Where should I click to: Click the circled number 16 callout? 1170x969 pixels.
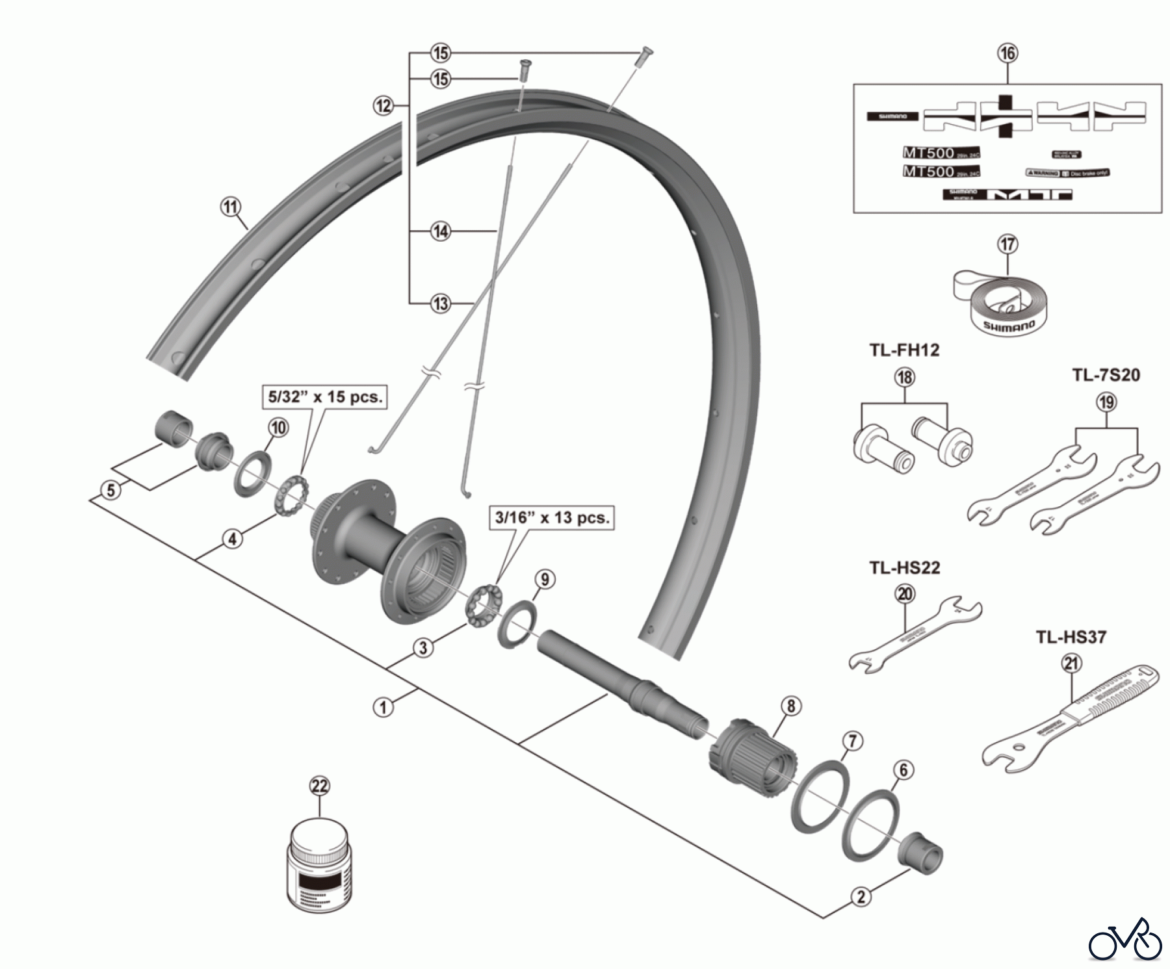point(1007,53)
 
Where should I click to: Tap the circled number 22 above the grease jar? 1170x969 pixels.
point(320,786)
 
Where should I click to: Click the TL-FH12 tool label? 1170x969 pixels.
point(904,350)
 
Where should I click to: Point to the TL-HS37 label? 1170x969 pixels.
point(1071,638)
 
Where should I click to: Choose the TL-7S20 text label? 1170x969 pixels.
point(1106,376)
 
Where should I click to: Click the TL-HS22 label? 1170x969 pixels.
point(905,568)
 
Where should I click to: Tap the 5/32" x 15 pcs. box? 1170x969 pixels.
point(325,397)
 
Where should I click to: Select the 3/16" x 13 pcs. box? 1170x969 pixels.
point(552,518)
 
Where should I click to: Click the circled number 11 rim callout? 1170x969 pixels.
point(230,208)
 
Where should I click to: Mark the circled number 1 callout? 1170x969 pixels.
point(383,706)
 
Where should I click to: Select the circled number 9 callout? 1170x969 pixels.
point(545,579)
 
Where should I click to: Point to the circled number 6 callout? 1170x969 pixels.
point(903,771)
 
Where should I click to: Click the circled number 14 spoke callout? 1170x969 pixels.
point(441,231)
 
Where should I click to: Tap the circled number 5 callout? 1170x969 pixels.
point(111,489)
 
